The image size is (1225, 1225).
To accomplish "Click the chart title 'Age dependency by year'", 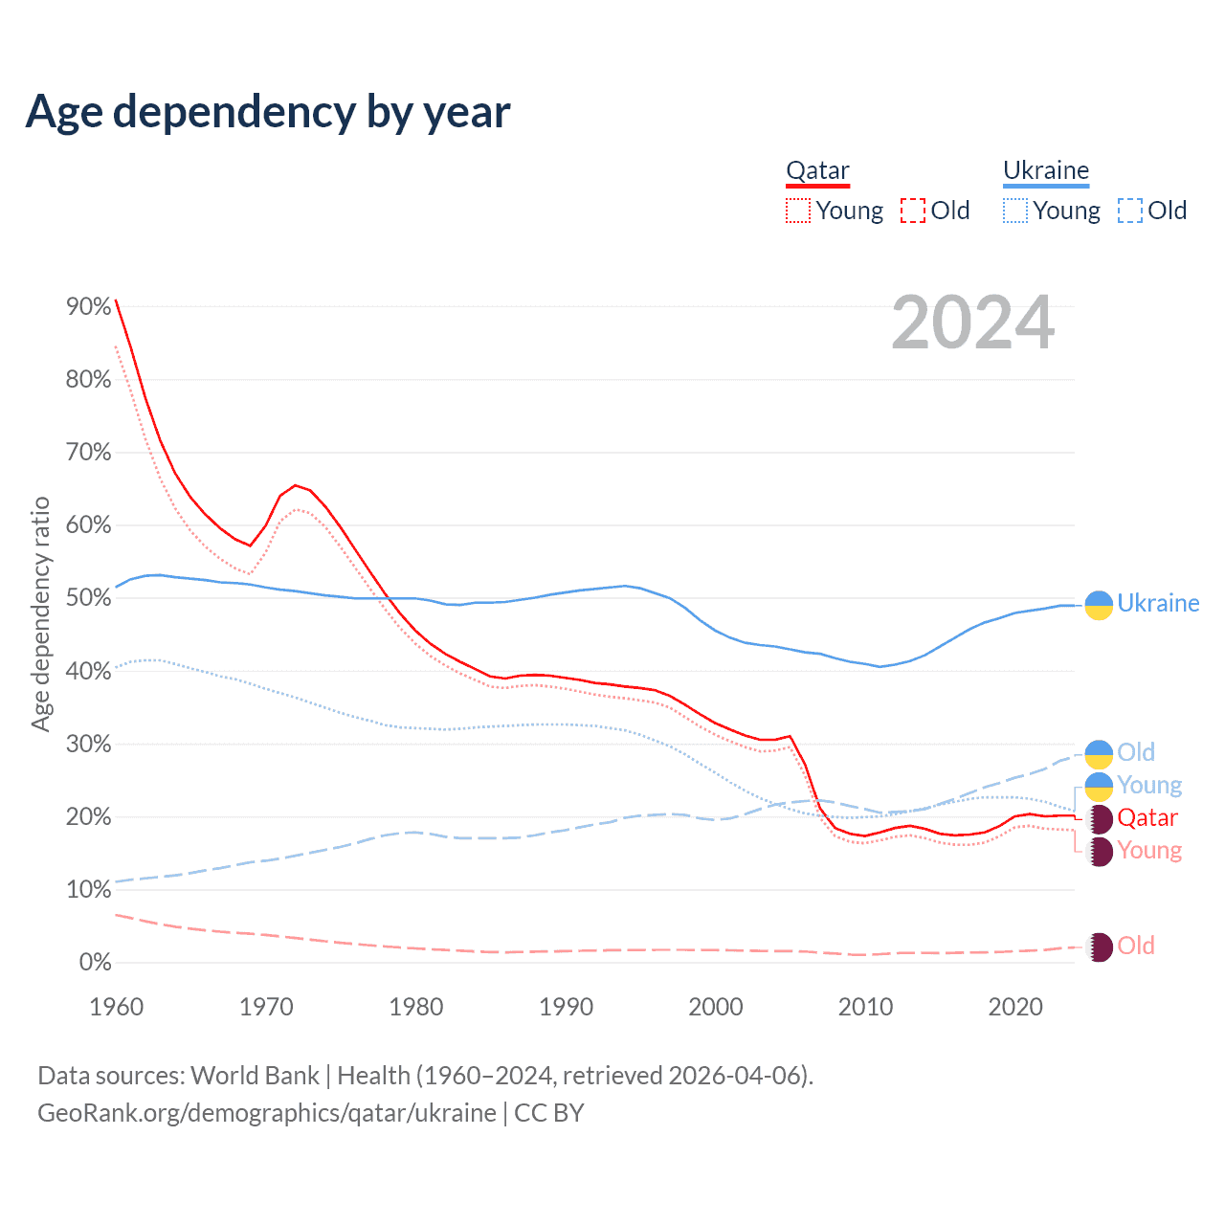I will click(x=268, y=111).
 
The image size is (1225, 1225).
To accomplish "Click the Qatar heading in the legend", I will click(x=817, y=170).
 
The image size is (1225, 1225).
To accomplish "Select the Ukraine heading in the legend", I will click(x=1046, y=170).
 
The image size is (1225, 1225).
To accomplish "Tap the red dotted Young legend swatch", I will click(x=798, y=211).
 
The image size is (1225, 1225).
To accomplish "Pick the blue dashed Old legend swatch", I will click(x=1130, y=211).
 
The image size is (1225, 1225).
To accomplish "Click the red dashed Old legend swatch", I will click(x=913, y=211).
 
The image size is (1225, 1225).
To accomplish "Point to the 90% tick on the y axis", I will click(x=89, y=306).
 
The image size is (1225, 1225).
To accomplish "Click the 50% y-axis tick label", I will click(x=89, y=598).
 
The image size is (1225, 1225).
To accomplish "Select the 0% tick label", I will click(x=95, y=962).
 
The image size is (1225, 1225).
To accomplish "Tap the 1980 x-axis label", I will click(x=416, y=1007).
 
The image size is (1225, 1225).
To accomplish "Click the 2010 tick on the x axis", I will click(x=865, y=1007).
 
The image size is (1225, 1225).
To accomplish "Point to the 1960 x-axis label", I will click(x=117, y=1007).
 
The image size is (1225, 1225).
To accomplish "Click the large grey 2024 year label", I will click(x=972, y=323).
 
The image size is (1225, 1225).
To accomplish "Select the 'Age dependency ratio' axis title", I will click(x=40, y=613).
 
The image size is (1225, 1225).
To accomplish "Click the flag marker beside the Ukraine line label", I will click(x=1099, y=605).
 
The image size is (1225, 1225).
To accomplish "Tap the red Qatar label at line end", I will click(x=1147, y=818).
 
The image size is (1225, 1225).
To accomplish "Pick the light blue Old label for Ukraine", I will click(x=1136, y=752).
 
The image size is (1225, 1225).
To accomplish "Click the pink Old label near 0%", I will click(x=1136, y=946).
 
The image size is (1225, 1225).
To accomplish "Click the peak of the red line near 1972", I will click(x=295, y=485).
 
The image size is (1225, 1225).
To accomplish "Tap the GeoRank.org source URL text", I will click(x=267, y=1113).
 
